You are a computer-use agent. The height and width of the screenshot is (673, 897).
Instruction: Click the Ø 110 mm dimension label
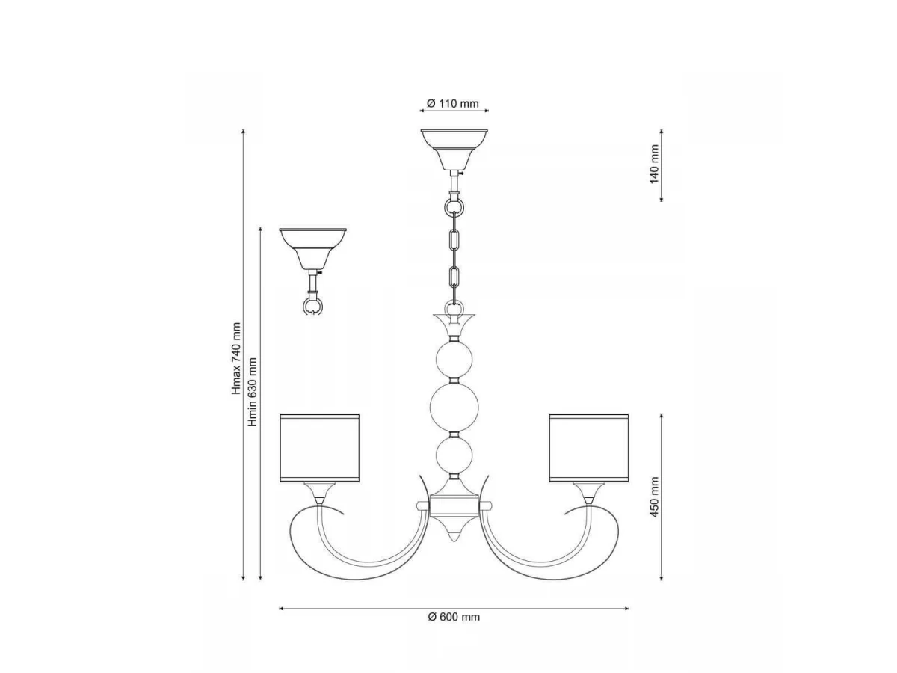pyautogui.click(x=452, y=103)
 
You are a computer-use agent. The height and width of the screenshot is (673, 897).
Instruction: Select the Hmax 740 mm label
pyautogui.click(x=236, y=359)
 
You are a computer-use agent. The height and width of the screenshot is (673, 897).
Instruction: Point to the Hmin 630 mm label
pyautogui.click(x=253, y=393)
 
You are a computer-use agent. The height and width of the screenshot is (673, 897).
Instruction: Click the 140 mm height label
pyautogui.click(x=654, y=165)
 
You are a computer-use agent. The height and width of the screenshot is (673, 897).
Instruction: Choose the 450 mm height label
pyautogui.click(x=654, y=497)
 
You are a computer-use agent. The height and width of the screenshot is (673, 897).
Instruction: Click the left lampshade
pyautogui.click(x=320, y=448)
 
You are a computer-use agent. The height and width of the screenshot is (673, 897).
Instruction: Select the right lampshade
pyautogui.click(x=589, y=448)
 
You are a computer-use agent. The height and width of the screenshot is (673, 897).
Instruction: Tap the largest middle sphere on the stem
pyautogui.click(x=454, y=407)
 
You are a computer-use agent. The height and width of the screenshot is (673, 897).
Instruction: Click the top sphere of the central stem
pyautogui.click(x=454, y=360)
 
